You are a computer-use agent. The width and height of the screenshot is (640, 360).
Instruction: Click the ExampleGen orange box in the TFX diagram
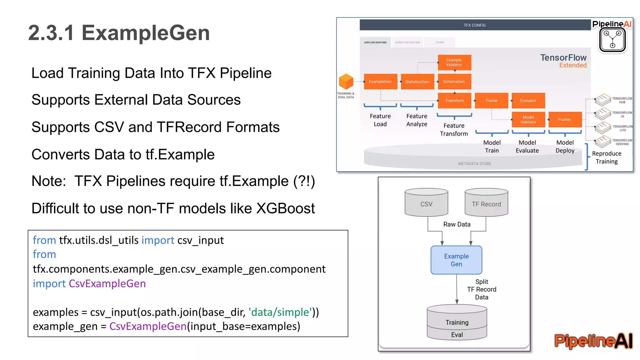pyautogui.click(x=380, y=82)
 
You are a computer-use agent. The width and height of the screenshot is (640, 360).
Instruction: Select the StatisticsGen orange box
pyautogui.click(x=417, y=82)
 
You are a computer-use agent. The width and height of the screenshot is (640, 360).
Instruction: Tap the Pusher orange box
pyautogui.click(x=565, y=119)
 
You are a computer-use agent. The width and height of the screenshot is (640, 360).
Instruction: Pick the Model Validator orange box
pyautogui.click(x=528, y=119)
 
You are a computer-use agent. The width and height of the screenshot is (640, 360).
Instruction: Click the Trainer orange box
pyautogui.click(x=491, y=101)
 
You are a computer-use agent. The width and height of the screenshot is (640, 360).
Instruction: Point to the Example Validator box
pyautogui.click(x=454, y=62)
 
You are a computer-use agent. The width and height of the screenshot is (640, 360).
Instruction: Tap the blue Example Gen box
pyautogui.click(x=456, y=260)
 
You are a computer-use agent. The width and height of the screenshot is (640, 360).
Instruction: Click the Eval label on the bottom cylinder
pyautogui.click(x=457, y=335)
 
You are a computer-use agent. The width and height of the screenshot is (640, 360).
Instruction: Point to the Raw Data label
pyautogui.click(x=457, y=224)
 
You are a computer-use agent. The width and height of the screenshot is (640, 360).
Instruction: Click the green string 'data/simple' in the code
pyautogui.click(x=280, y=312)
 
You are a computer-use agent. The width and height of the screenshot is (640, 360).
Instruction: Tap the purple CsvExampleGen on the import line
pyautogui.click(x=107, y=283)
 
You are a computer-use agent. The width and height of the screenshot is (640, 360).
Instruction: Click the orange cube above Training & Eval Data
pyautogui.click(x=346, y=82)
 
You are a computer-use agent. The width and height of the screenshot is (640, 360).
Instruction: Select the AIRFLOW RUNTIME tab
pyautogui.click(x=375, y=42)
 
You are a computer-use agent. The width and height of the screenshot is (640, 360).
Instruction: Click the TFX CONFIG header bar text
pyautogui.click(x=475, y=25)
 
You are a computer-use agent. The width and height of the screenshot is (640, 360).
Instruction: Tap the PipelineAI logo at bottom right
pyautogui.click(x=593, y=341)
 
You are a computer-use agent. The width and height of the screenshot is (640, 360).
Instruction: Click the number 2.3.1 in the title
pyautogui.click(x=51, y=33)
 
